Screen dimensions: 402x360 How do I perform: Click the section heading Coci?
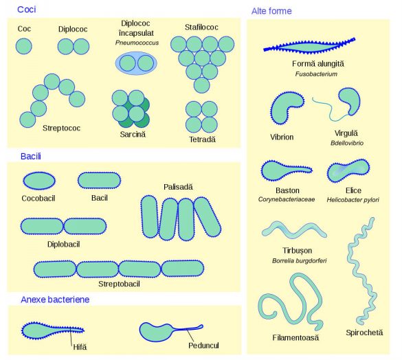click(x=26, y=10)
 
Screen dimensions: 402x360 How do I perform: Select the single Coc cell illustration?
click(x=24, y=46)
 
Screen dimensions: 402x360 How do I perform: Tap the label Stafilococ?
click(x=201, y=27)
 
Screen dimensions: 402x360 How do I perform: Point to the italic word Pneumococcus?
click(x=137, y=43)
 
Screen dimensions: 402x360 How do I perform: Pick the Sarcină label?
click(x=133, y=134)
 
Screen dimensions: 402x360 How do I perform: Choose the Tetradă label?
click(x=202, y=139)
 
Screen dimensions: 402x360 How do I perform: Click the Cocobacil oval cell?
click(x=39, y=181)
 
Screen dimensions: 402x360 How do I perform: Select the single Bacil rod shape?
click(x=99, y=180)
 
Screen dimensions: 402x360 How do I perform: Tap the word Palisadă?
click(x=178, y=187)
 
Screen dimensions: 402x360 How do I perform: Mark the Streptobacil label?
click(x=119, y=284)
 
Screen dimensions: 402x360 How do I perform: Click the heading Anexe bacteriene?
click(x=55, y=300)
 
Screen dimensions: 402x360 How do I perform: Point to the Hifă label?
click(x=80, y=347)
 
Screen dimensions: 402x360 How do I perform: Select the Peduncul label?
click(x=203, y=346)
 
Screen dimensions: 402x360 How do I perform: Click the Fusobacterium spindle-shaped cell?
click(x=309, y=47)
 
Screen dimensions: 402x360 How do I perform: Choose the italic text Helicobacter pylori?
click(x=353, y=200)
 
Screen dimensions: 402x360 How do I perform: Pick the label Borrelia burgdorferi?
click(x=300, y=261)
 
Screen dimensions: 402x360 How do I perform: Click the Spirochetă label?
click(x=364, y=333)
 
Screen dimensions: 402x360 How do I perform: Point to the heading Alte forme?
click(x=271, y=11)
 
